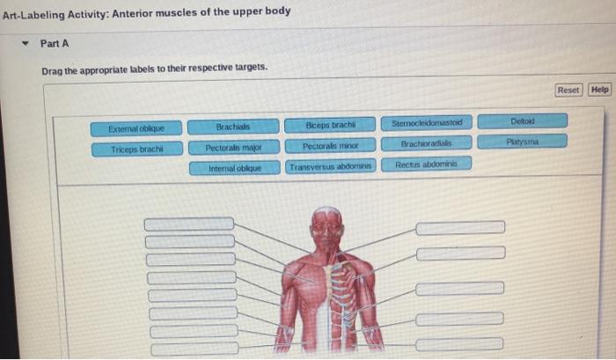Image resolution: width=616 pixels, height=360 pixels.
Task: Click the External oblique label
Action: (136, 129)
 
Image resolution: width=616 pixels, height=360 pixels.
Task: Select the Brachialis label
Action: (233, 127)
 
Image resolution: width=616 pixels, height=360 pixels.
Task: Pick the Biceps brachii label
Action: (330, 125)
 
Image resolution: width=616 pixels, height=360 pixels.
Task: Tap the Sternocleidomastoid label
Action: (427, 123)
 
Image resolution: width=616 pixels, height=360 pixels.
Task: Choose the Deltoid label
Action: (523, 121)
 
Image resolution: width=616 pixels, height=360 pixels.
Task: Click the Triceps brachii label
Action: (137, 150)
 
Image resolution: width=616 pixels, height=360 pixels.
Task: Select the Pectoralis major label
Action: (234, 147)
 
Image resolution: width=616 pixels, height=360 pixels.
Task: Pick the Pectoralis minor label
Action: (330, 145)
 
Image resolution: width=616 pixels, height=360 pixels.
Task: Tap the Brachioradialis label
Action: (427, 143)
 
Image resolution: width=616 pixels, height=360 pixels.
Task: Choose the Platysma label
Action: (523, 142)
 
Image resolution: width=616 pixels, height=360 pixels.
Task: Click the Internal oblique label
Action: (235, 168)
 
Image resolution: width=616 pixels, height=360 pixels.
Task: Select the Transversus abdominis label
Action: (331, 166)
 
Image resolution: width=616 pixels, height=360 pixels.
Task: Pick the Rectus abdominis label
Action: (427, 165)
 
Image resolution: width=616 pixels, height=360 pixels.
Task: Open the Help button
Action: (600, 90)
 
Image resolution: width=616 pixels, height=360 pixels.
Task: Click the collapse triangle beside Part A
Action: (26, 43)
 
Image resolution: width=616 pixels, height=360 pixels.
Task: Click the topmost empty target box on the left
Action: (189, 224)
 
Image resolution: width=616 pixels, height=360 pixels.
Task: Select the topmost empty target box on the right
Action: (460, 228)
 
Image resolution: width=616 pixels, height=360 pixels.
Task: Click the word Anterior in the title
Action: (132, 14)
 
